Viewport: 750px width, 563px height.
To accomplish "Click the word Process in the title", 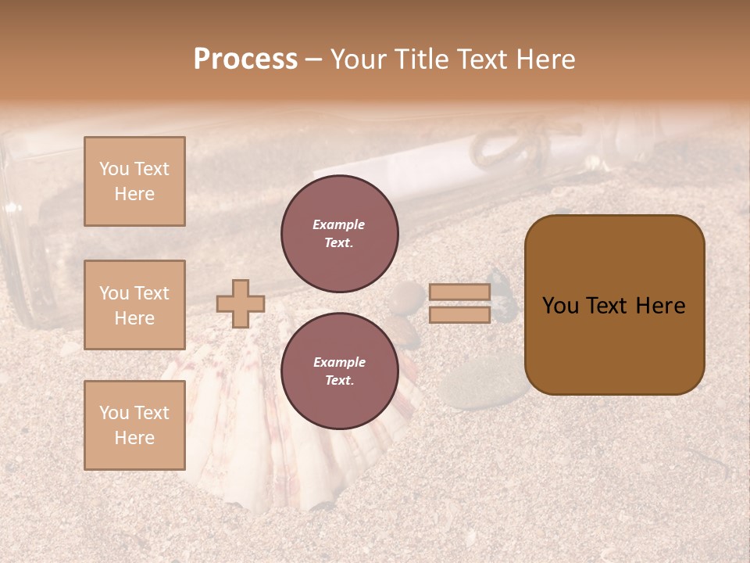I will (245, 59).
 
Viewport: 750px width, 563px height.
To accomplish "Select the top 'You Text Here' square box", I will (134, 181).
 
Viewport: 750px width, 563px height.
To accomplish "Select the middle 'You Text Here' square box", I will (134, 305).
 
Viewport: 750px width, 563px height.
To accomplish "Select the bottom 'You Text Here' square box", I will (134, 425).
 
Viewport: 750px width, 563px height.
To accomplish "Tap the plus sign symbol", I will (240, 303).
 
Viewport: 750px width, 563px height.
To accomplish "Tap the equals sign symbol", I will (460, 303).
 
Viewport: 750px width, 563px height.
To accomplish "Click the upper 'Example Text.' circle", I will (339, 234).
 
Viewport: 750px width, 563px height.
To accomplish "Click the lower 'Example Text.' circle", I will (339, 371).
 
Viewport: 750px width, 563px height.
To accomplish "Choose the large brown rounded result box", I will (614, 305).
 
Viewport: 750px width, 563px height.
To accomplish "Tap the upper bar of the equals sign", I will (460, 292).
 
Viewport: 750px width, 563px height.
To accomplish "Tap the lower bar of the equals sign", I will (460, 315).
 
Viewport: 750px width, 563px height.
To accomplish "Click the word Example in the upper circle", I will (339, 224).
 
